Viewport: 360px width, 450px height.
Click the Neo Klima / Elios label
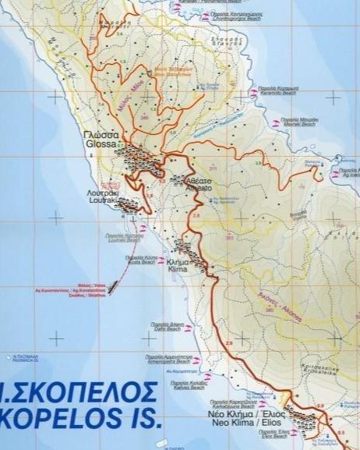coord(245,418)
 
